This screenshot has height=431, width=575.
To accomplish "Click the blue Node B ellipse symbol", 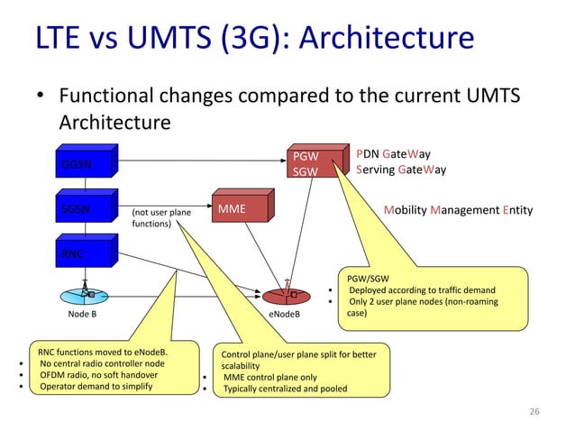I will (87, 295).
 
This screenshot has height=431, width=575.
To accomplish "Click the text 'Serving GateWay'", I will (402, 170).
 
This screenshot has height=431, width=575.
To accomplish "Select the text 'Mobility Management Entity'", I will (458, 210).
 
